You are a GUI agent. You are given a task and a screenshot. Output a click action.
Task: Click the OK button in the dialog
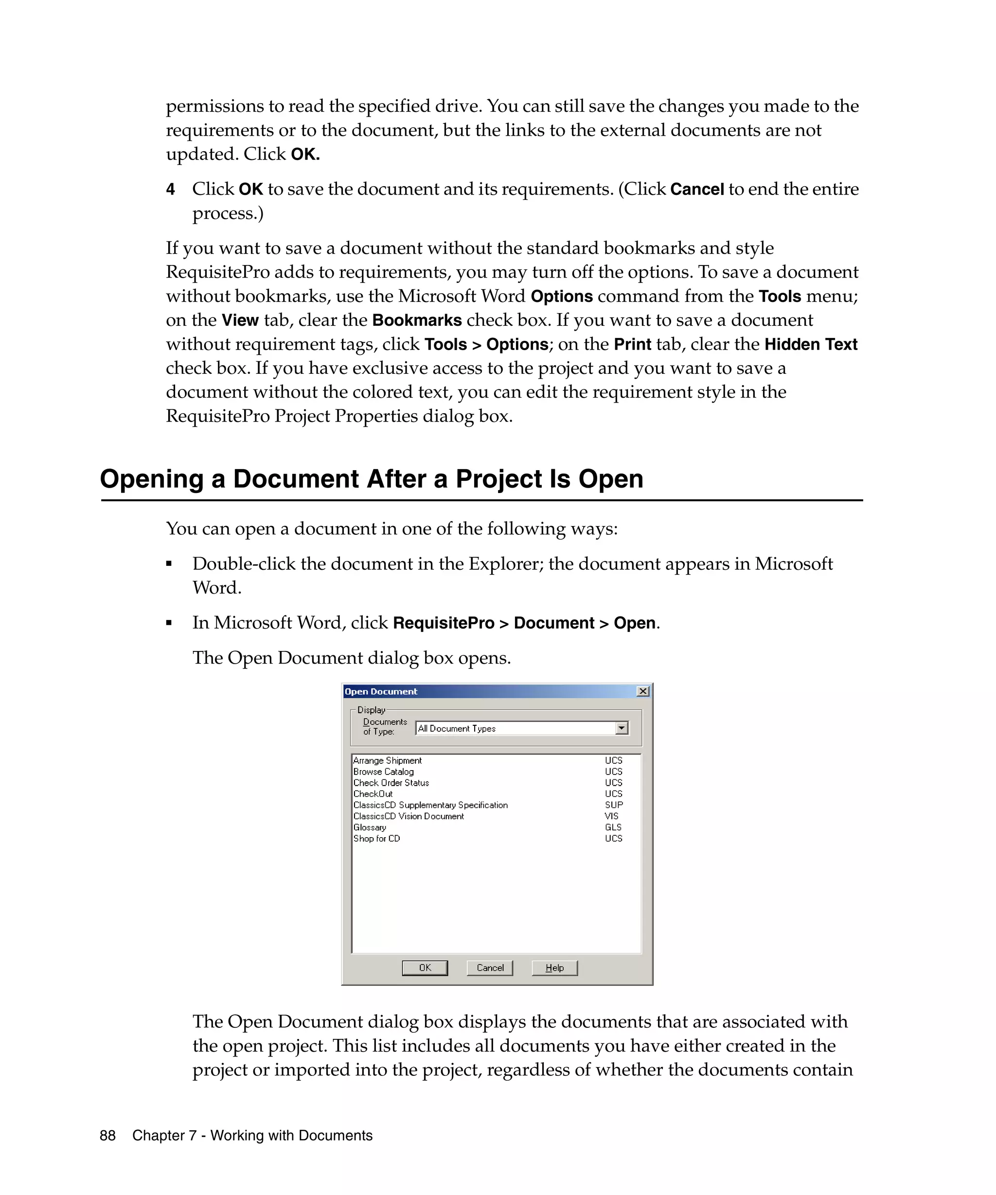(425, 967)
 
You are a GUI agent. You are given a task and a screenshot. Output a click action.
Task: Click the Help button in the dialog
(554, 967)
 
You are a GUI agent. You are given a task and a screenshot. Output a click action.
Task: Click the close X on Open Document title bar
(642, 691)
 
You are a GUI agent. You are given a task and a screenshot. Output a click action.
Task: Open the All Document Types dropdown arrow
(622, 728)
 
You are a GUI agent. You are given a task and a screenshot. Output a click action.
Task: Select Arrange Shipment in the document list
(388, 760)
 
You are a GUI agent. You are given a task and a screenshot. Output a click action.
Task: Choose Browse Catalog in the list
(384, 772)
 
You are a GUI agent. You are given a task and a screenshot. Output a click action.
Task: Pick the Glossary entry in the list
(370, 827)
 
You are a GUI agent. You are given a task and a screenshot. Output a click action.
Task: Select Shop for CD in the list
(377, 838)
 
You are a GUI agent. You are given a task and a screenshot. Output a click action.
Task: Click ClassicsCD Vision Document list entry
(409, 816)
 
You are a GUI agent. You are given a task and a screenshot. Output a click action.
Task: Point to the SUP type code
(614, 805)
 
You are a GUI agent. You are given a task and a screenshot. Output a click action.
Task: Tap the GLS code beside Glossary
(613, 827)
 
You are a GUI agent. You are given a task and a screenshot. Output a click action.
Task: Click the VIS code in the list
(611, 816)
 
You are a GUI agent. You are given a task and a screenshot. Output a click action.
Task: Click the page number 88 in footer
(107, 1135)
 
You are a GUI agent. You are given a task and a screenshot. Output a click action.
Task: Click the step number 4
(170, 190)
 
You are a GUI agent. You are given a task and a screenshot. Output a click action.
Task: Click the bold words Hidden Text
(810, 344)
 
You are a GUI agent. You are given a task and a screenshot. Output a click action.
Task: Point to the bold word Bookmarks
(417, 320)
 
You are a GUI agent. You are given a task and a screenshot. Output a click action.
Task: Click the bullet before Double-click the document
(169, 564)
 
